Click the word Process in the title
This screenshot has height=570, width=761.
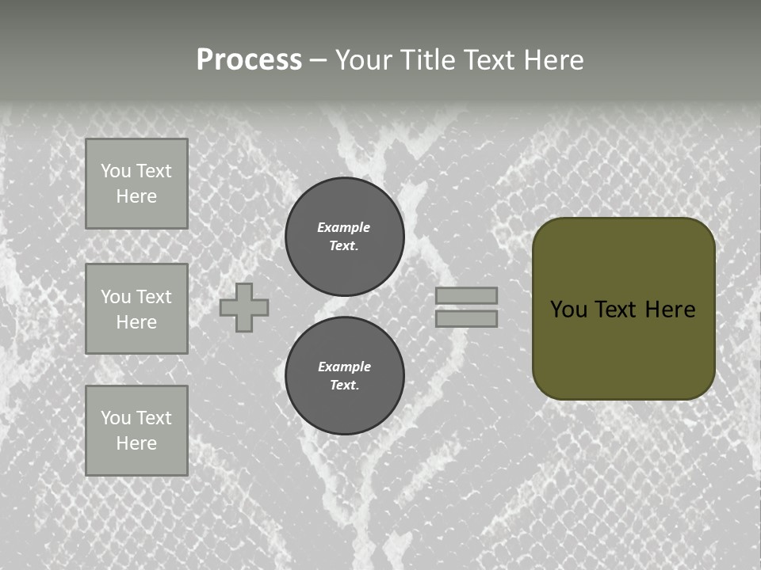(249, 60)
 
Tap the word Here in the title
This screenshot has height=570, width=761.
(553, 60)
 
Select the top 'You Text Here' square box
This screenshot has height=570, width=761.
(136, 184)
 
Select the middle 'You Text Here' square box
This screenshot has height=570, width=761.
(136, 309)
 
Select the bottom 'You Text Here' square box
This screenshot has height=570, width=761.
(136, 430)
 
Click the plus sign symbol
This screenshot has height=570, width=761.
(244, 307)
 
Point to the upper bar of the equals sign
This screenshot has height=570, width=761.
(467, 295)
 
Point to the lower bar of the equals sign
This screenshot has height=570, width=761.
(467, 318)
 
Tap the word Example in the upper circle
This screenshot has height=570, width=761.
(344, 227)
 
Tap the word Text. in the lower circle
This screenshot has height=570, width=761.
(344, 385)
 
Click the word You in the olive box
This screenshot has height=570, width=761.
(568, 310)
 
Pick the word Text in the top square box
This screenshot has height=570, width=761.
(153, 171)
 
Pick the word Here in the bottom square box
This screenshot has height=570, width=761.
(136, 443)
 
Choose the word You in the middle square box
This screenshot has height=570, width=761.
(115, 297)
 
